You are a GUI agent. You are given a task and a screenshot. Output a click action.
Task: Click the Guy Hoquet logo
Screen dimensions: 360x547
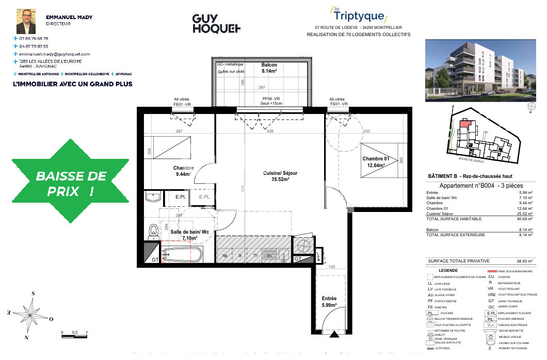pyautogui.click(x=216, y=24)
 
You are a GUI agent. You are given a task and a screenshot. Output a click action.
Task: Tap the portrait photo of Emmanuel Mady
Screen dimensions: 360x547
pyautogui.click(x=26, y=21)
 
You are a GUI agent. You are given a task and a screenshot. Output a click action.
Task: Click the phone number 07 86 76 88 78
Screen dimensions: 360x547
pyautogui.click(x=34, y=39)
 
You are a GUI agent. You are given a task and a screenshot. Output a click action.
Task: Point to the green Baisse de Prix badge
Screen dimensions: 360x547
pyautogui.click(x=71, y=183)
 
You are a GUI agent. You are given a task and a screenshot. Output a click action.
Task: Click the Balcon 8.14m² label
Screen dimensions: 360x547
pyautogui.click(x=269, y=68)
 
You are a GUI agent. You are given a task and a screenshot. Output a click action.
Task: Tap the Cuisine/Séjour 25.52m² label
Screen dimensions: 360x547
pyautogui.click(x=279, y=176)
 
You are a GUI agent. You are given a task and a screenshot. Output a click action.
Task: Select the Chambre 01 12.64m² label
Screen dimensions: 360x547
pyautogui.click(x=378, y=162)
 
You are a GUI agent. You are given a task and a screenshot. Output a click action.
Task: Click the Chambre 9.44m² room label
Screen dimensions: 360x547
pyautogui.click(x=183, y=171)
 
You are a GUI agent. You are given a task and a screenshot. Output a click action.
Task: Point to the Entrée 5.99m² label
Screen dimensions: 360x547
pyautogui.click(x=329, y=302)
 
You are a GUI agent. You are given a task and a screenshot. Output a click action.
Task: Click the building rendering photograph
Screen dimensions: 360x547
pyautogui.click(x=478, y=69)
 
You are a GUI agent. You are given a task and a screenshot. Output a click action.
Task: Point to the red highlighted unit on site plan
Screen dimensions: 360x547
pyautogui.click(x=465, y=124)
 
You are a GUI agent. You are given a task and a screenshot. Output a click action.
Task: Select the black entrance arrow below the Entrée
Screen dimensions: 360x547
pyautogui.click(x=335, y=335)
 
